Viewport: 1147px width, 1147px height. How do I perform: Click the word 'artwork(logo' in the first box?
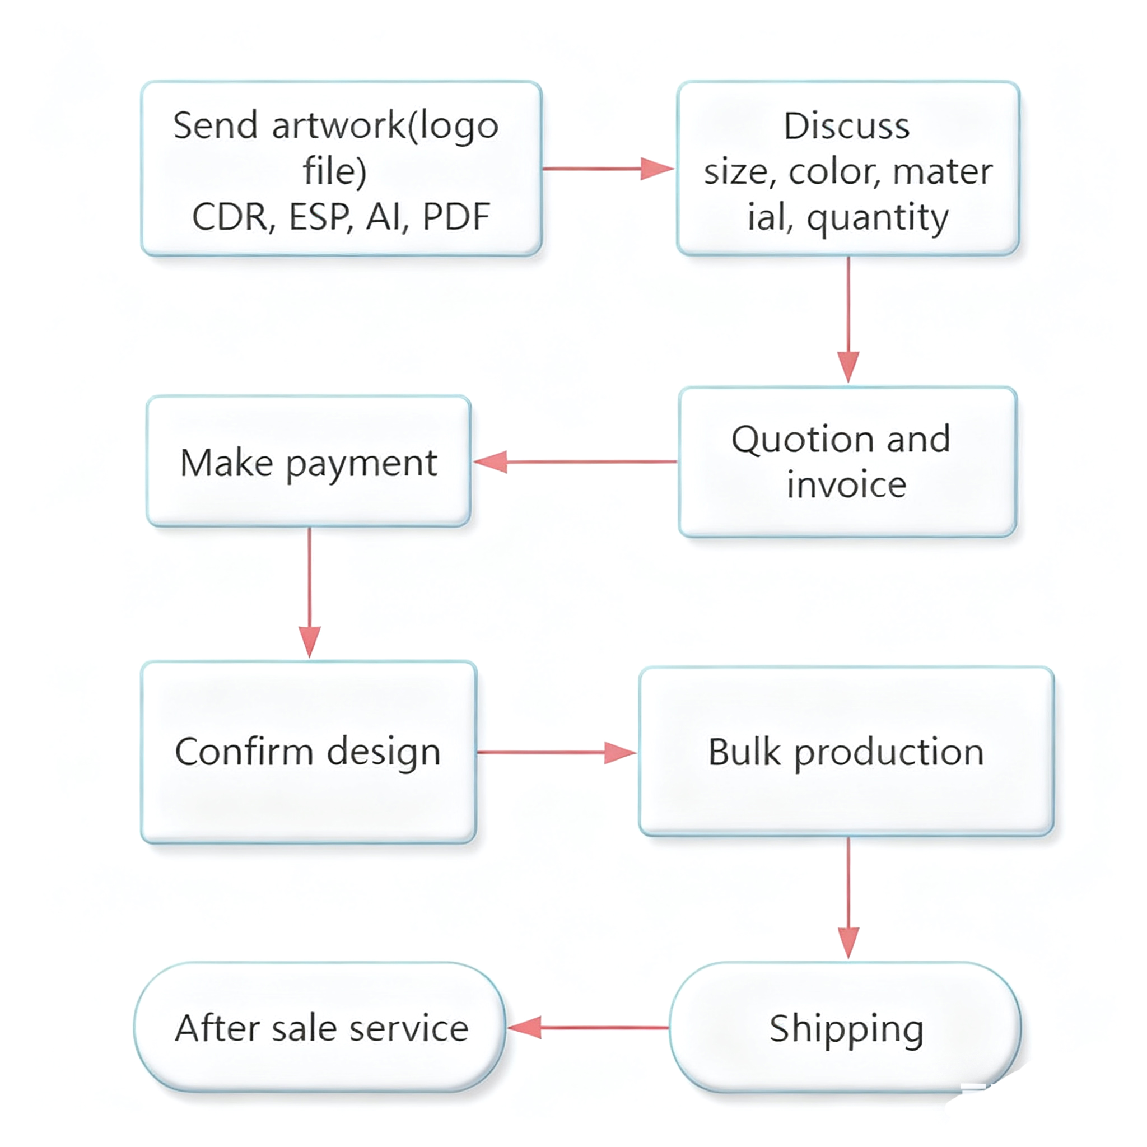coord(385,127)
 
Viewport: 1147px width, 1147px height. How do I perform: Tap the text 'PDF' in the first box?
coord(456,217)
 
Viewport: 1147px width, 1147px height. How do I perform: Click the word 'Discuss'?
coord(847,127)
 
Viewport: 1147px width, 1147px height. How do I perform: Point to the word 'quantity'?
coord(878,218)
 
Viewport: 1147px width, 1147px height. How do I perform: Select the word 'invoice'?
coord(847,485)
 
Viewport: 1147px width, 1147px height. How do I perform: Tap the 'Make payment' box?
coord(309,462)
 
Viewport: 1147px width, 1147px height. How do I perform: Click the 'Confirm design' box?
coord(309,752)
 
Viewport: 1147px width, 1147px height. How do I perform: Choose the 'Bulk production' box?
coord(846,752)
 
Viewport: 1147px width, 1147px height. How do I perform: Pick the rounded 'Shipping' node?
coord(846,1028)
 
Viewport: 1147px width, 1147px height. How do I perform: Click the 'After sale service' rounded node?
coord(321,1028)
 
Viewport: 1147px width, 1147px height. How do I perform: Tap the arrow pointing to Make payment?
coord(575,462)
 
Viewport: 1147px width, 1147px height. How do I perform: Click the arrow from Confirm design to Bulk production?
coord(556,752)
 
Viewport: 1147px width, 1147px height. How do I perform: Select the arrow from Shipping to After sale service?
coord(588,1028)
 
